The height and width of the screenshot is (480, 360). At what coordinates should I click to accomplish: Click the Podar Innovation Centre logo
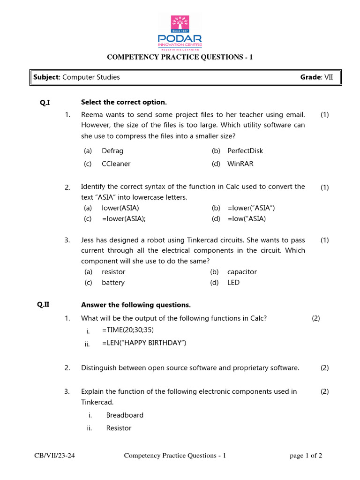point(180,32)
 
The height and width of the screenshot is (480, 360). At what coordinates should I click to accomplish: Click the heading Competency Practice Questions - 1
point(180,57)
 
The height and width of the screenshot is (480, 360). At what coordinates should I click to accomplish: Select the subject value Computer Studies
point(91,77)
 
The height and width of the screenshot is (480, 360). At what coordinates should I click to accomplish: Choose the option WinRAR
point(240,164)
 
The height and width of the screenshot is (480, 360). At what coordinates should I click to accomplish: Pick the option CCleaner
point(116,164)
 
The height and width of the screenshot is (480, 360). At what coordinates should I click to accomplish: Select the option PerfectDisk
point(245,151)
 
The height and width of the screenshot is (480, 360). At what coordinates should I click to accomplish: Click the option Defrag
point(112,151)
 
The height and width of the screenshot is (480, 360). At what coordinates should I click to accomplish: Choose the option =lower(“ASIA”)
point(251,208)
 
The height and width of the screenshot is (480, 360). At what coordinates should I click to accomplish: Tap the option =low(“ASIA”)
point(247,219)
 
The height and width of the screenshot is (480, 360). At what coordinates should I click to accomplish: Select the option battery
point(113,283)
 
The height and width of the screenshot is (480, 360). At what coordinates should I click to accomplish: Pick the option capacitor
point(242,272)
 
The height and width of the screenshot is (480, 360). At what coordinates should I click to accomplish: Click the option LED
point(233,283)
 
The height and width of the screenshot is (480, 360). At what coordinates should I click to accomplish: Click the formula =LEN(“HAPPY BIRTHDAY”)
point(144,343)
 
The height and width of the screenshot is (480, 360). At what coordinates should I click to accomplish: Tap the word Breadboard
point(125,415)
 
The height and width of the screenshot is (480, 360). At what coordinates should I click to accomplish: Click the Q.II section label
point(44,305)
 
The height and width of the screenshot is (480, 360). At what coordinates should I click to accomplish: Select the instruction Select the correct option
point(124,102)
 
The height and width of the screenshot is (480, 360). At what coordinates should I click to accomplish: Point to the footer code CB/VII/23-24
point(54,456)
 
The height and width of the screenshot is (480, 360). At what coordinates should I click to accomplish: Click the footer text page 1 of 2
point(306,456)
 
